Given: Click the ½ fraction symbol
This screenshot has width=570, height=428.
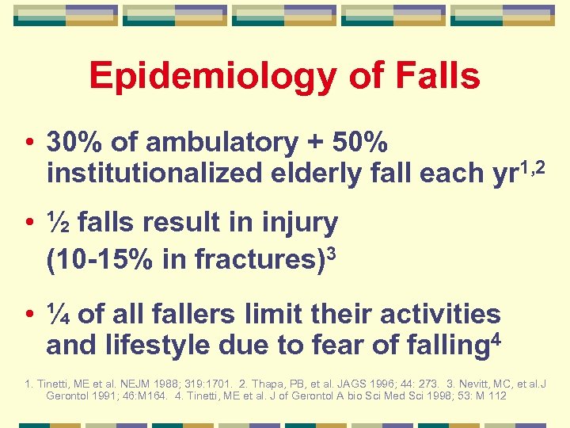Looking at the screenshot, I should click(57, 224).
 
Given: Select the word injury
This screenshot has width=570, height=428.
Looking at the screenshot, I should click(305, 224).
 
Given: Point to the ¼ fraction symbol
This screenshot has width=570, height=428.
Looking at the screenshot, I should click(57, 314).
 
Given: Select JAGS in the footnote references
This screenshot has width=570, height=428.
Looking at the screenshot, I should click(352, 384).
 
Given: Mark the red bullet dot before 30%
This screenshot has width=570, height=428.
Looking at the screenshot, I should click(28, 143).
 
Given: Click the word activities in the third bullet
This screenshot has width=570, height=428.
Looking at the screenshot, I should click(440, 314).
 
